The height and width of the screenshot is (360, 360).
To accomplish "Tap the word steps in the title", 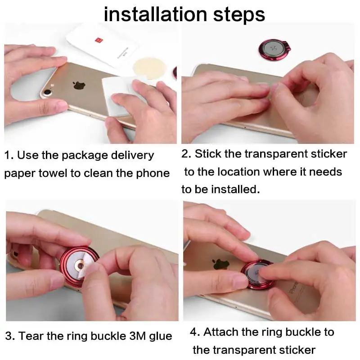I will (238, 15).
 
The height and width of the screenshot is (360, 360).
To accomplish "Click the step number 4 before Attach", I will (193, 332).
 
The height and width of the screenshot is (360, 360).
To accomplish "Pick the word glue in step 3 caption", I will (162, 336).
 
